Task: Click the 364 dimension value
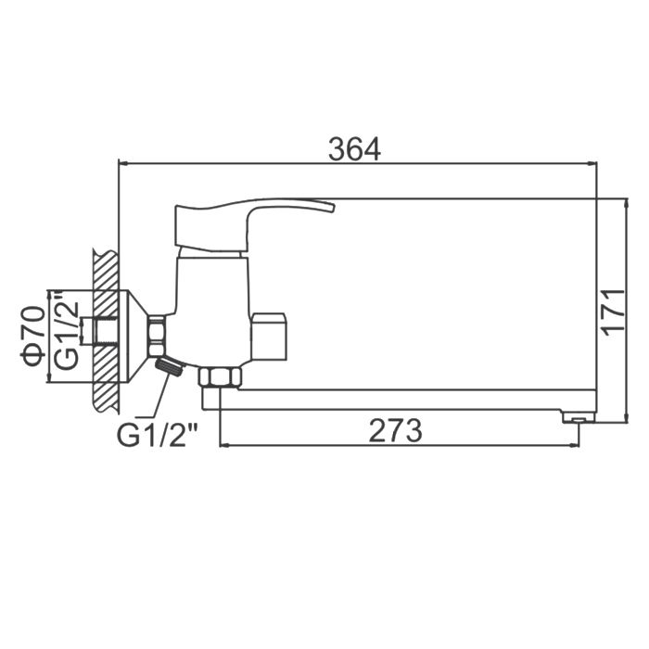click(x=354, y=149)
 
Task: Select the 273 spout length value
click(x=395, y=430)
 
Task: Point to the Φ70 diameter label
click(x=33, y=336)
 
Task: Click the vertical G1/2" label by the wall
click(x=67, y=331)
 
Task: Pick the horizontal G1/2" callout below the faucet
click(x=158, y=434)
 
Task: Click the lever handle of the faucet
click(x=249, y=224)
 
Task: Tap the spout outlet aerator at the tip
click(x=579, y=416)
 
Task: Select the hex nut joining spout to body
click(x=220, y=376)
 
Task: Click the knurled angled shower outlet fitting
click(x=170, y=366)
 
